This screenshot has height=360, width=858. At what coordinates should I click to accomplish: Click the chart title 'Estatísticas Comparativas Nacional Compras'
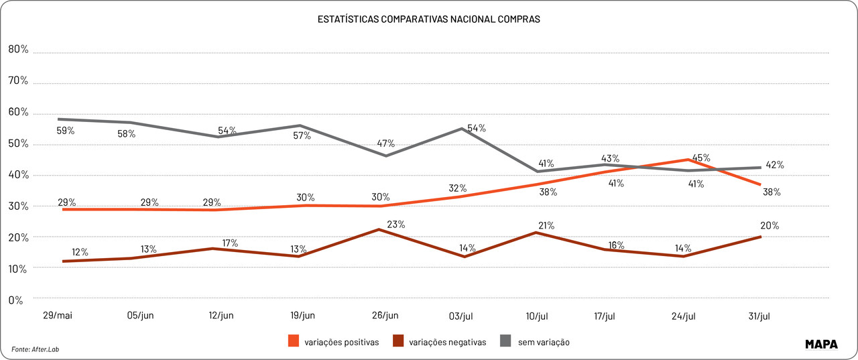point(428,19)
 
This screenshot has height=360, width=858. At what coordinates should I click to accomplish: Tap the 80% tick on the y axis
point(18,49)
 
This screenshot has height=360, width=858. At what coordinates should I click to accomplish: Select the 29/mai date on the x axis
point(58,315)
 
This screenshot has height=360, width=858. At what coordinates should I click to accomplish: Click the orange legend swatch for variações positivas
point(294,341)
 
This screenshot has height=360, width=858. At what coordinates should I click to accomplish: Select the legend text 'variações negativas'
point(447,342)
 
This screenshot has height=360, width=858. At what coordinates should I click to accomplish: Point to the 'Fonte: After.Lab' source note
point(40,349)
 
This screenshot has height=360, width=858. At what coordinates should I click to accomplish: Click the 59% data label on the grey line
point(66,131)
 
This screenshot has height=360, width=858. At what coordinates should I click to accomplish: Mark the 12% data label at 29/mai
point(80,252)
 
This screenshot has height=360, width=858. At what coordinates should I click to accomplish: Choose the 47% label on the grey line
point(386,143)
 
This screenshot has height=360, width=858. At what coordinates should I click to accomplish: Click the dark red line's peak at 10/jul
point(535,233)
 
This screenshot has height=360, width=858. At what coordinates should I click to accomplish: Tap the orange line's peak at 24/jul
point(687,160)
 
